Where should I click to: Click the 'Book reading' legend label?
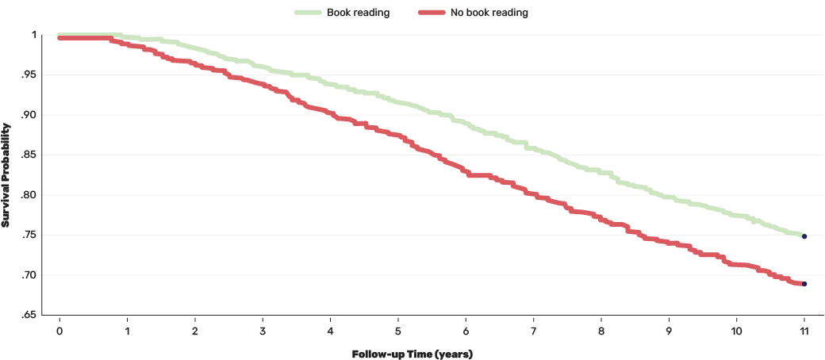tap(358, 13)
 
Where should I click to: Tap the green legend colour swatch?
tap(308, 13)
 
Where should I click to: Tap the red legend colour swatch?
tap(430, 13)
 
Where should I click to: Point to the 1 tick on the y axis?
tap(35, 35)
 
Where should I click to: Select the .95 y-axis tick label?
tap(31, 75)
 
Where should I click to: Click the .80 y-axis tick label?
tap(31, 195)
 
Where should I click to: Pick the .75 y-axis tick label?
tap(31, 236)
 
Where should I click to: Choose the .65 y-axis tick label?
tap(31, 316)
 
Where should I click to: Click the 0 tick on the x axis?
tap(59, 329)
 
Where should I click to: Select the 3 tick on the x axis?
tap(263, 329)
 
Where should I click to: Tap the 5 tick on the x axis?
tap(398, 329)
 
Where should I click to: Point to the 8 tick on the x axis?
tap(601, 329)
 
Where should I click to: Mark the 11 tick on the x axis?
tap(804, 329)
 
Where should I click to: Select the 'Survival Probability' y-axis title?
tap(6, 174)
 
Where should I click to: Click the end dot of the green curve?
tap(804, 236)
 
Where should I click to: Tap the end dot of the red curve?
tap(804, 284)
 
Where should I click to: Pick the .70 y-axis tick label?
tap(31, 275)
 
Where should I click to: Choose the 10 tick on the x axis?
tap(736, 329)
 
